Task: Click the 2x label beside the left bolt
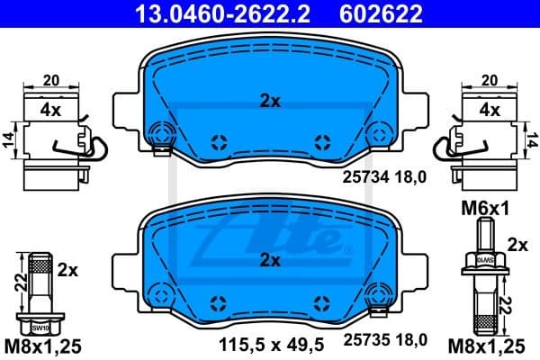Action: click(x=69, y=269)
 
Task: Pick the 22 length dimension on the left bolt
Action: click(x=19, y=283)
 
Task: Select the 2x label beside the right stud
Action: click(x=517, y=244)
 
